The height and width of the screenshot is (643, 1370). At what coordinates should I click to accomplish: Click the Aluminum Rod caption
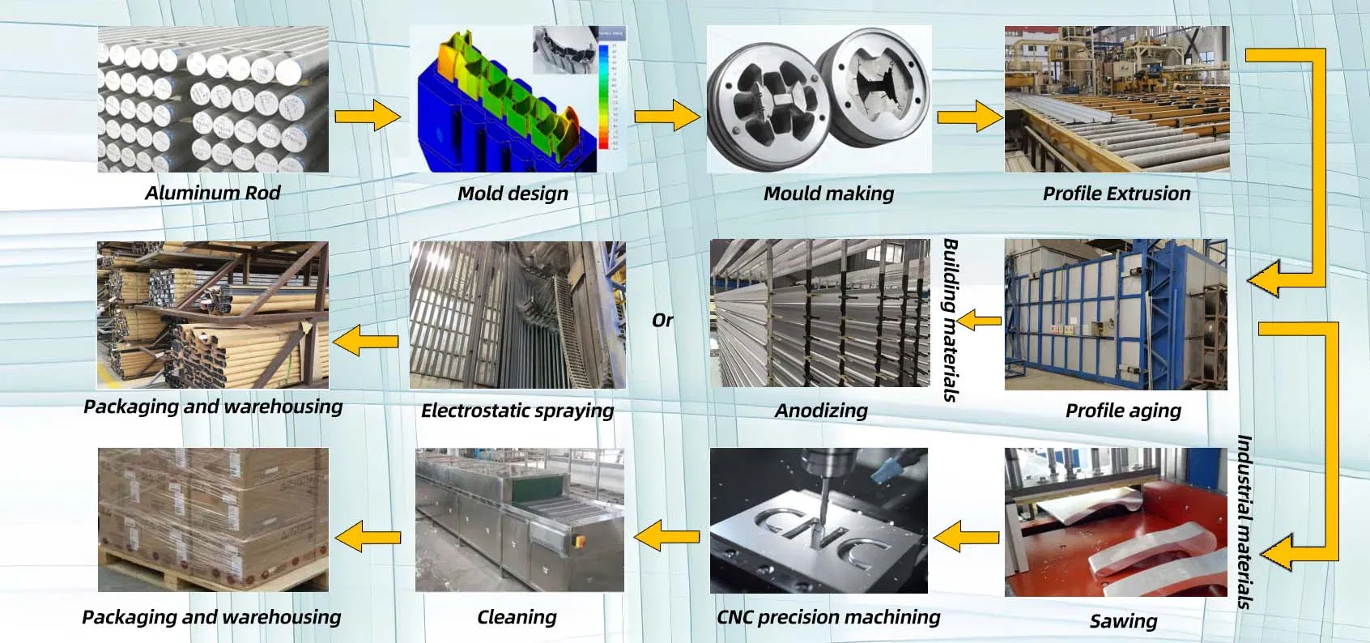tap(212, 193)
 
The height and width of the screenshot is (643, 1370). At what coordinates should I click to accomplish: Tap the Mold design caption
tap(513, 194)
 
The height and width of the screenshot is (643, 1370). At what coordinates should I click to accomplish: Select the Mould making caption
tap(828, 194)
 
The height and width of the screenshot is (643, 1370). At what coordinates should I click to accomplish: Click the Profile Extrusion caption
tap(1116, 194)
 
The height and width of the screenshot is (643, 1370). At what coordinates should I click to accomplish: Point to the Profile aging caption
tap(1122, 411)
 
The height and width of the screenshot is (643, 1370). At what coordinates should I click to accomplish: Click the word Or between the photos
tap(662, 321)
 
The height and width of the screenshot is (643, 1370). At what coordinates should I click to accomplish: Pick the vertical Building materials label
tap(951, 320)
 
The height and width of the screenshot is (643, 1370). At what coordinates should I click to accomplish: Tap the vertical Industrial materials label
tap(1244, 522)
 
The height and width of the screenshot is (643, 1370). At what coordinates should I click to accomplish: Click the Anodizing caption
tap(821, 411)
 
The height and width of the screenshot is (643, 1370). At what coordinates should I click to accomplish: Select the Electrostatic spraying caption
tap(517, 411)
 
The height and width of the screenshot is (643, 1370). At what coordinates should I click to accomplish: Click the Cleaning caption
tap(517, 617)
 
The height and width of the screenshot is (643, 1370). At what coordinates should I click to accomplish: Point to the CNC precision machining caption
tap(828, 617)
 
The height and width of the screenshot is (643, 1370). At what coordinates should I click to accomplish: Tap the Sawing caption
tap(1122, 621)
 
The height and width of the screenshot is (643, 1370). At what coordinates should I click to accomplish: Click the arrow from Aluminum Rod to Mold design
tap(368, 117)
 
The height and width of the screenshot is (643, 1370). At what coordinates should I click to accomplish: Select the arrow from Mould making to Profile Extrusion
tap(969, 117)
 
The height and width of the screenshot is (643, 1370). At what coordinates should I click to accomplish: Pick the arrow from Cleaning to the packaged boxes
tap(368, 537)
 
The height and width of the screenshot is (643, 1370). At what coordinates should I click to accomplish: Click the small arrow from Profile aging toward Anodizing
tap(979, 321)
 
